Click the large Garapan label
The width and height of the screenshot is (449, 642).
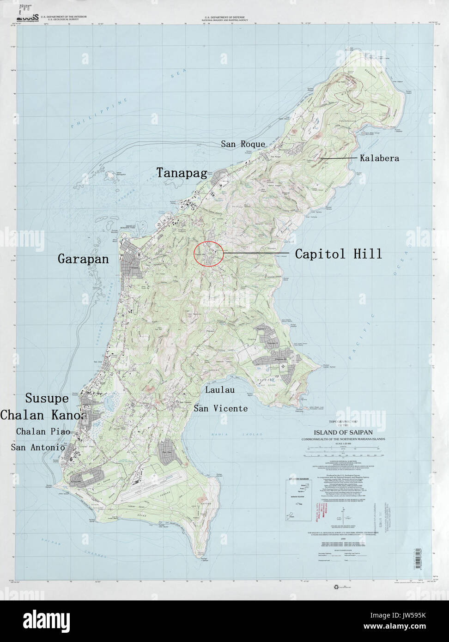tap(83, 259)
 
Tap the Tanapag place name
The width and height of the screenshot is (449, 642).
tap(181, 173)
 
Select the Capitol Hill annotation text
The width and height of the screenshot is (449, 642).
tap(338, 254)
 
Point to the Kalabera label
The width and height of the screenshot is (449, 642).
tap(379, 158)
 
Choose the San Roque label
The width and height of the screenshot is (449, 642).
tap(243, 144)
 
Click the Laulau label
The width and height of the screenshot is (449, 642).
tap(219, 390)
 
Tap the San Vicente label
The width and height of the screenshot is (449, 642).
tap(220, 408)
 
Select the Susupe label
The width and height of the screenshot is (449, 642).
tap(47, 398)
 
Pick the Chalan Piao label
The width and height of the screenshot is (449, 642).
tap(43, 431)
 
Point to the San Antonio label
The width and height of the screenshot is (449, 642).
tap(38, 447)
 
